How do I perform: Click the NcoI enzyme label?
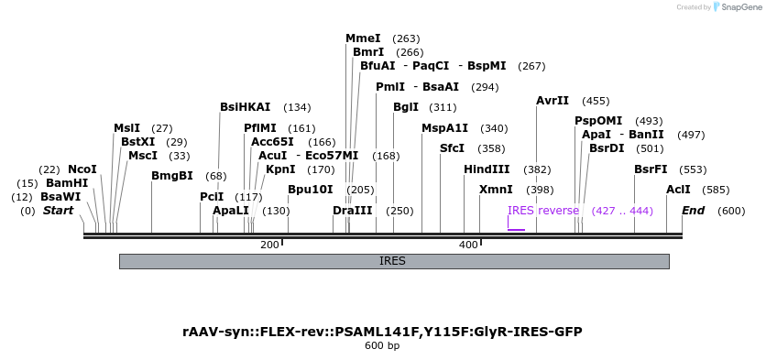pos(82,169)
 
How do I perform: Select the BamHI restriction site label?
pos(67,183)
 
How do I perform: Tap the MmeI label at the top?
pos(363,38)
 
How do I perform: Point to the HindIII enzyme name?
pos(487,169)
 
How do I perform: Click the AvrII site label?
pos(553,101)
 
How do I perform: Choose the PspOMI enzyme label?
pos(598,121)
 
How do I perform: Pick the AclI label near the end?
pos(678,190)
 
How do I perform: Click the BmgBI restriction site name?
pos(172,176)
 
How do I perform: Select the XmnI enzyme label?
pos(496,190)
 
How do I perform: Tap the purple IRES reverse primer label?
pos(543,211)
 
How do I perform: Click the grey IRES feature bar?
pos(394,261)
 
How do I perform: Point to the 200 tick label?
pos(269,245)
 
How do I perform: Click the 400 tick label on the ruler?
pos(468,245)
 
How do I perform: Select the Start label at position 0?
pos(58,211)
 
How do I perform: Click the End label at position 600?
pos(694,211)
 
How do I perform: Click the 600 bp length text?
pos(382,346)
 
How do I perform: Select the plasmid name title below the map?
pos(382,332)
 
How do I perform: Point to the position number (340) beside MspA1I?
pos(494,128)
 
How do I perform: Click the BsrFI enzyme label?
pos(651,169)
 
